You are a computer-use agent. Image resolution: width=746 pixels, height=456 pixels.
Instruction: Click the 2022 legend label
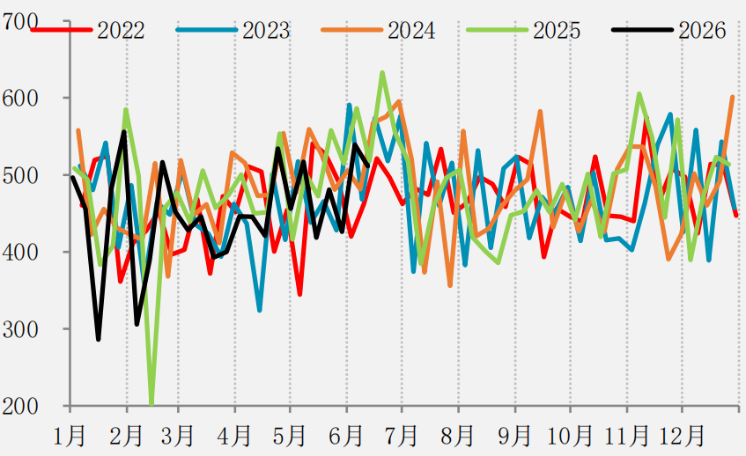click(121, 31)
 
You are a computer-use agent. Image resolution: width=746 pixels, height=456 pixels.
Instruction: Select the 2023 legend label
click(266, 31)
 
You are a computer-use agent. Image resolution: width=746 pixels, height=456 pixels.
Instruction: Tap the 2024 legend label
click(411, 31)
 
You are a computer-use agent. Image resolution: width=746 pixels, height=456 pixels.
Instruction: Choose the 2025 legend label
click(557, 31)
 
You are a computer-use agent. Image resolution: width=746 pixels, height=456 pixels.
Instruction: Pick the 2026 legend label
click(702, 31)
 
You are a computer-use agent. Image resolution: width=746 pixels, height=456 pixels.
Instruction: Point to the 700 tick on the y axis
click(20, 22)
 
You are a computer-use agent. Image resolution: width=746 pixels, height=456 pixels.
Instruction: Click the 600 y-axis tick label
click(20, 99)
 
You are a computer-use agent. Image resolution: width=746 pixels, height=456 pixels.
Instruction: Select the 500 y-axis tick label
click(20, 175)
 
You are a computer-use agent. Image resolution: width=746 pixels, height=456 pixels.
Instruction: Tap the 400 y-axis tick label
click(20, 252)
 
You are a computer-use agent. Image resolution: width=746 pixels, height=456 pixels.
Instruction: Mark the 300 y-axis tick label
click(20, 329)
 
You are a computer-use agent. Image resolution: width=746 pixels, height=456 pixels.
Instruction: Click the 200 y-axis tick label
click(20, 406)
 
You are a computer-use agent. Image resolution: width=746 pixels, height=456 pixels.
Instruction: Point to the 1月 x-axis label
click(70, 435)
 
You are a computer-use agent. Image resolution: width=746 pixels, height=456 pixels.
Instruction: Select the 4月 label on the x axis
click(234, 435)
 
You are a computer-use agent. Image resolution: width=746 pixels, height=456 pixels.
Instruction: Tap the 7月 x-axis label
click(402, 435)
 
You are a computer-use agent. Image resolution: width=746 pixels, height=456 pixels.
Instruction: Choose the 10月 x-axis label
click(570, 435)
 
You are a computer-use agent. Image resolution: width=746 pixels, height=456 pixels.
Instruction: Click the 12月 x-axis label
click(682, 435)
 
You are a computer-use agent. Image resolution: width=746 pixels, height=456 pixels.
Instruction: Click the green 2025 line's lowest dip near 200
click(151, 403)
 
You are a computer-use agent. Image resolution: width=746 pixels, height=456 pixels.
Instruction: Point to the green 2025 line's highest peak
click(382, 73)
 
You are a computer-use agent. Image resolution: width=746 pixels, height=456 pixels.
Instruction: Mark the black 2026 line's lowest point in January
click(99, 340)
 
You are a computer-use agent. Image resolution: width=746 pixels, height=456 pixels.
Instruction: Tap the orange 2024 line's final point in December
click(733, 97)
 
